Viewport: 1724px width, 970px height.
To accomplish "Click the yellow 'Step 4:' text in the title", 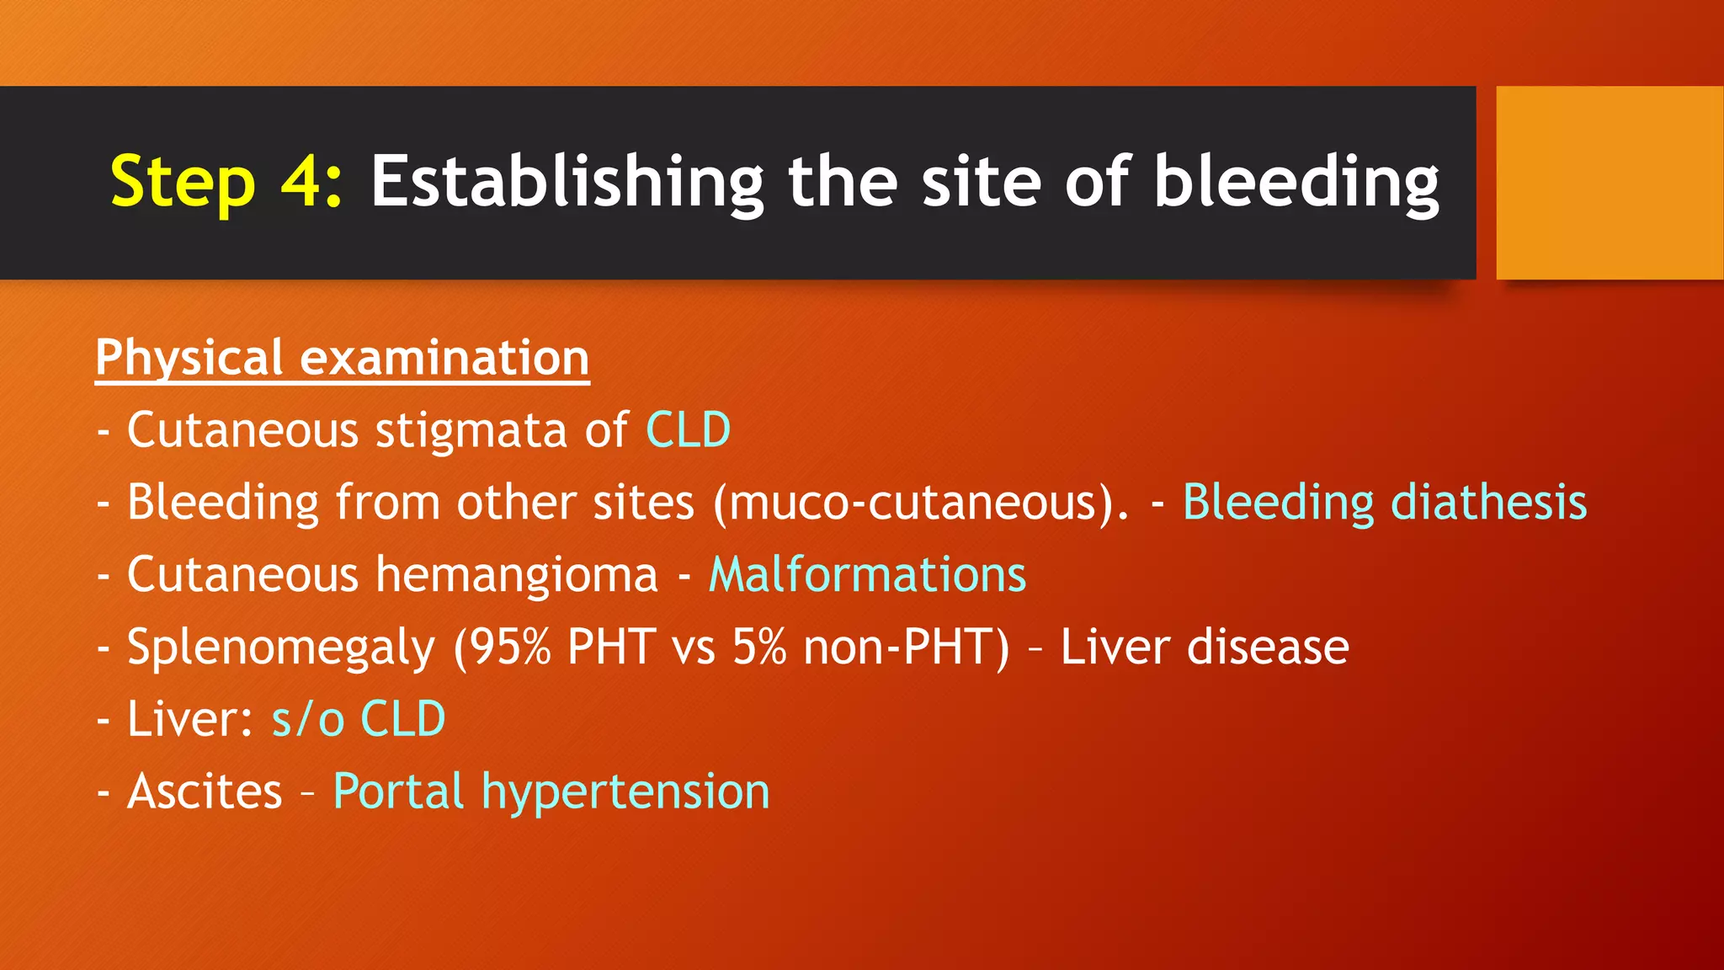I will coord(226,182).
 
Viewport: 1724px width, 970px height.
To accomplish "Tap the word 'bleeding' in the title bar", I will coord(1296,182).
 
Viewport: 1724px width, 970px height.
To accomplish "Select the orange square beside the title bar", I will coord(1609,183).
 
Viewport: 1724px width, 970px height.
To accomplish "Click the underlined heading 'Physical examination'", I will coord(342,358).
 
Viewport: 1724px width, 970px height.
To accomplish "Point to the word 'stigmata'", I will coord(471,430).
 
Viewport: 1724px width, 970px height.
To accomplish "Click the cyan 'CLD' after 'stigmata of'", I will coord(688,430).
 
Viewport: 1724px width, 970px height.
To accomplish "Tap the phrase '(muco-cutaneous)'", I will coord(920,503).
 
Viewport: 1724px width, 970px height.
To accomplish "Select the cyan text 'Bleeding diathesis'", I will coord(1385,503).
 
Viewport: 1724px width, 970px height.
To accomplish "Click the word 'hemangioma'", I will coord(516,575).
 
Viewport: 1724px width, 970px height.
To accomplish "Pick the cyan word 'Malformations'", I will coord(867,575).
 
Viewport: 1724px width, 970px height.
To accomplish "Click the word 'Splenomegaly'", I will coord(281,648).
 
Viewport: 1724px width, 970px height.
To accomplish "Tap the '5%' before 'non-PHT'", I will coord(759,648).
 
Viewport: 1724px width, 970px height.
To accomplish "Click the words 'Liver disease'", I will coord(1204,648).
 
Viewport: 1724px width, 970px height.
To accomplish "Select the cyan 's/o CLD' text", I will coord(358,720).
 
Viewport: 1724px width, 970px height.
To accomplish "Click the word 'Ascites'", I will coord(205,792).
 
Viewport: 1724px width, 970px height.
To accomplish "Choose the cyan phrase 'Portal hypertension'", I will coord(551,792).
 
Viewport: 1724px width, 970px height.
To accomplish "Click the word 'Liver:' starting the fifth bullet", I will coord(190,720).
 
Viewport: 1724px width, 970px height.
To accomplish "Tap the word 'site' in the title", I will coord(982,182).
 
